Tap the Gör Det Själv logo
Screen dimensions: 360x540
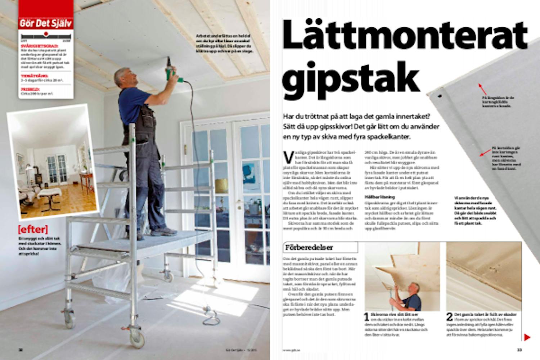tap(46, 24)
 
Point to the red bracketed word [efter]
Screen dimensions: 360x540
tap(33, 229)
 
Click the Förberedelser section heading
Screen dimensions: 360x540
tap(309, 247)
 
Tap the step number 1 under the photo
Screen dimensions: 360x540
tap(366, 317)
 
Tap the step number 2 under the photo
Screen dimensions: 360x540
tap(450, 317)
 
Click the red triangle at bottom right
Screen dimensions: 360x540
tap(527, 337)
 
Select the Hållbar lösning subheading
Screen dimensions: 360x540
tap(375, 197)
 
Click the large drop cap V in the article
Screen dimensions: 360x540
tap(288, 157)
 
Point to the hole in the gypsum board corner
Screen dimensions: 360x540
tap(440, 96)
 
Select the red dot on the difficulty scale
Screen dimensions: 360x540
tap(46, 34)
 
